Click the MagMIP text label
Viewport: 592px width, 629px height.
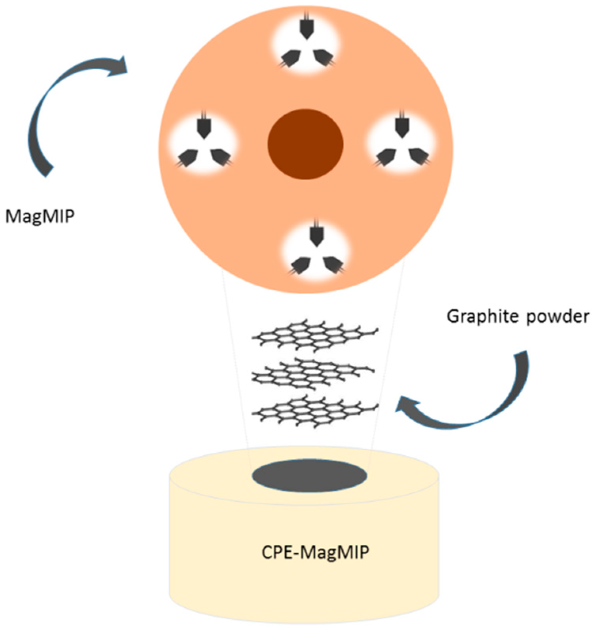[40, 217]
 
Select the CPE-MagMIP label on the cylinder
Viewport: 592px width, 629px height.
[315, 552]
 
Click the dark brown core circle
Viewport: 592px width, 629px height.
[305, 144]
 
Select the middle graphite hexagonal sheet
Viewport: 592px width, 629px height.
[313, 374]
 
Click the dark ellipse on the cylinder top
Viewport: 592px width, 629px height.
[309, 475]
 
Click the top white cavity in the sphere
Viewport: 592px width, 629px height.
[306, 42]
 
